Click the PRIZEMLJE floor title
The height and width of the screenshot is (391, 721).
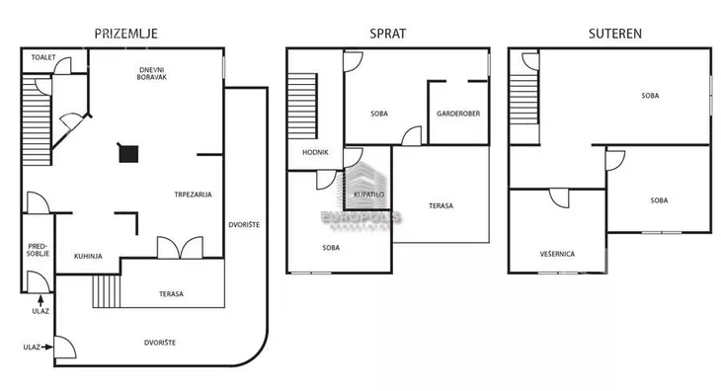[x=126, y=34]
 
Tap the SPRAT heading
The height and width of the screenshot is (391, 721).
[x=388, y=34]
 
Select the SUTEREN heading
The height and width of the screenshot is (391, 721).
[x=615, y=34]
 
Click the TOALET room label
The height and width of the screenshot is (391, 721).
[x=43, y=57]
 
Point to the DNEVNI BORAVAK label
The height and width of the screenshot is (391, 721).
[x=152, y=73]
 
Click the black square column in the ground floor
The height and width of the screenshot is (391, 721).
[x=128, y=154]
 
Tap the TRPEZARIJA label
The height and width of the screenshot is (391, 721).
[x=194, y=195]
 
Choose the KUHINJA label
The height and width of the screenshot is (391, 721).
[x=88, y=257]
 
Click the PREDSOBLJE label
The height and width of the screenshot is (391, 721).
[x=38, y=250]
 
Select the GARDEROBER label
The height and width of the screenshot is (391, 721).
[x=458, y=114]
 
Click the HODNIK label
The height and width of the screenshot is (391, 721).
[x=315, y=152]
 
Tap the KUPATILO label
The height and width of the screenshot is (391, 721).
[x=369, y=195]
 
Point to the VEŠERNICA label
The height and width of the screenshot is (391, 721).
[x=557, y=254]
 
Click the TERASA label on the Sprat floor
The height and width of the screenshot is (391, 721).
[x=441, y=205]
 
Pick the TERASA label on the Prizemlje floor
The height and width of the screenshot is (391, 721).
[x=172, y=294]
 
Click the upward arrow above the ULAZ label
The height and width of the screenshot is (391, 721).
[x=40, y=300]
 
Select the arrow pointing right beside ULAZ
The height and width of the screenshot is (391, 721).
[x=46, y=348]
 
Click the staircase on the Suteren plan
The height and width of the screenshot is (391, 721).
[x=523, y=100]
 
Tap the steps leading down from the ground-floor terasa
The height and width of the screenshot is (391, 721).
[x=107, y=291]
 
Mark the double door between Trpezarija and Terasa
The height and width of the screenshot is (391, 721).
[x=180, y=247]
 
